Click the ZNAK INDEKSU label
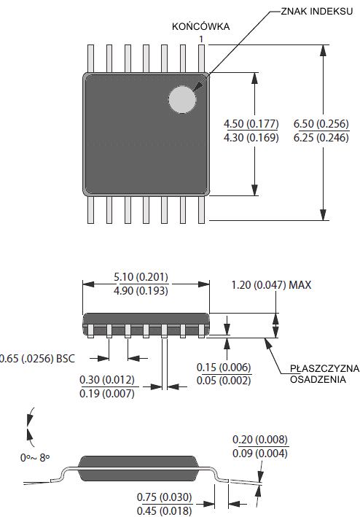tap(316, 11)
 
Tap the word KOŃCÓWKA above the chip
tap(200, 26)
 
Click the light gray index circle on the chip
tap(182, 99)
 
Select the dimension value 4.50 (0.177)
tap(251, 124)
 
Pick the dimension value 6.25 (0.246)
tap(321, 138)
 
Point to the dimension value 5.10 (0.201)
tap(141, 277)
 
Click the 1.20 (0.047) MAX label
tap(271, 285)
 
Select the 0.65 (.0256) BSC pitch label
tap(37, 359)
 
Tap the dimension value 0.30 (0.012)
tap(107, 379)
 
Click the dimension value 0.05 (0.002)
tap(224, 381)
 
